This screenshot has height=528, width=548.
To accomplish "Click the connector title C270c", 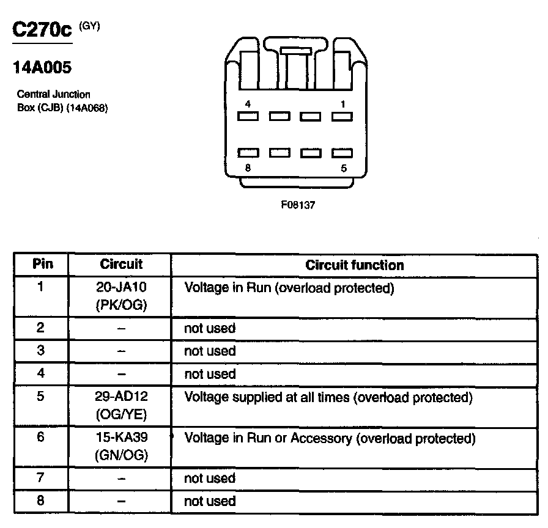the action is click(42, 31).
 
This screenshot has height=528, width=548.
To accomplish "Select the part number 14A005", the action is click(42, 68).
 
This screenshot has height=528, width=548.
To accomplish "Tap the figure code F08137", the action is click(298, 205).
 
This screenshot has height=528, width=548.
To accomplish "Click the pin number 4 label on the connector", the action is click(246, 104).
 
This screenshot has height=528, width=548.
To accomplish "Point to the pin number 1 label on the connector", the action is click(342, 104).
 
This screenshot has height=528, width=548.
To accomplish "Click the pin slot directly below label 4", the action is click(248, 116).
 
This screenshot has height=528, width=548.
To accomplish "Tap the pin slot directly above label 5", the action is click(342, 153).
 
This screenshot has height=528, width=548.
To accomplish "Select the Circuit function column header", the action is click(355, 265).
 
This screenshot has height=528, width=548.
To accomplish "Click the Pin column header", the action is click(42, 264).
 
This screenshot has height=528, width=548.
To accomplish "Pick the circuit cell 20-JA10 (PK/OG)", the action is click(121, 296).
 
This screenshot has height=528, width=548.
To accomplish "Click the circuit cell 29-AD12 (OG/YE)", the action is click(121, 405).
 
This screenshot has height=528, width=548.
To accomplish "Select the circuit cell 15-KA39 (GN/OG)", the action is click(121, 446).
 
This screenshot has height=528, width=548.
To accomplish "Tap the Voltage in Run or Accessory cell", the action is click(330, 438).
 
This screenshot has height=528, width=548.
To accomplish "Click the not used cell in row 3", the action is click(210, 351).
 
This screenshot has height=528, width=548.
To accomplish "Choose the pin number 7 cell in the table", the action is click(40, 477).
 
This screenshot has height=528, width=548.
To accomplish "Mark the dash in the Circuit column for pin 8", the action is click(121, 501).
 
